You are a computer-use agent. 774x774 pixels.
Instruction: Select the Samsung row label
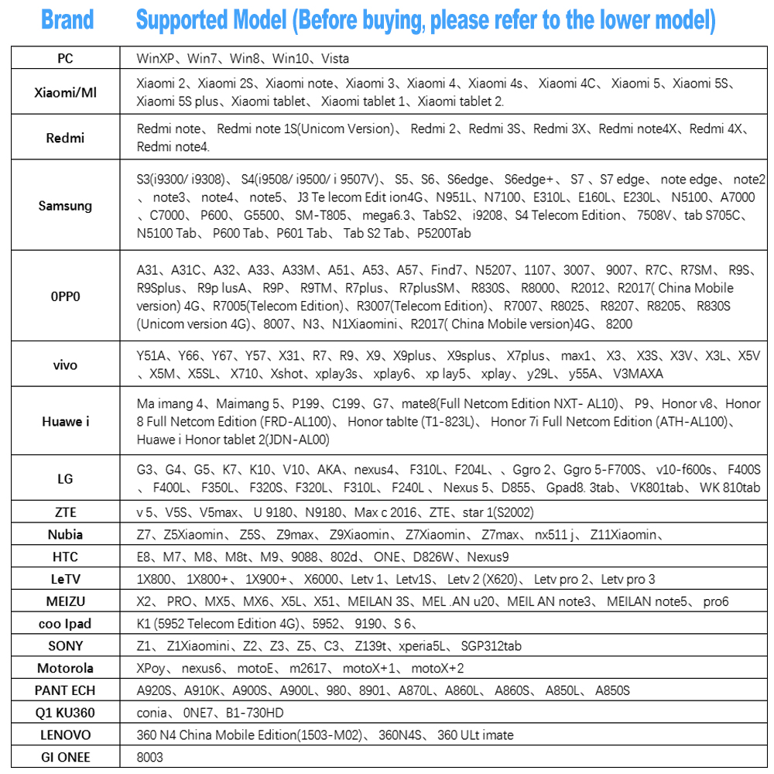pos(65,206)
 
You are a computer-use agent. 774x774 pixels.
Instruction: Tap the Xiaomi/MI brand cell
pos(65,93)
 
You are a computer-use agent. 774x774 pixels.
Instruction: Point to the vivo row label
pos(65,365)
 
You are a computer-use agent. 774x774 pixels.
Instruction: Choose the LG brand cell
pos(65,479)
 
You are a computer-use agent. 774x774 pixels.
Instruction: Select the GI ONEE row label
pos(65,757)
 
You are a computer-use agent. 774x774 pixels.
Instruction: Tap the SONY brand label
pos(65,646)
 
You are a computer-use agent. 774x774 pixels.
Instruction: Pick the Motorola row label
pos(65,668)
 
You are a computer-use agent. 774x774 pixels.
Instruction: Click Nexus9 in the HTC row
pos(487,557)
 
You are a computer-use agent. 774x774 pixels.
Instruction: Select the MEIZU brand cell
pos(65,601)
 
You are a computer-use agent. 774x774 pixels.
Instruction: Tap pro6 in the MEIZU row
pos(716,601)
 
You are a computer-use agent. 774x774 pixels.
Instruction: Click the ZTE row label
pos(65,512)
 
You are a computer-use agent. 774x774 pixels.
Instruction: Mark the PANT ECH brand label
pos(65,690)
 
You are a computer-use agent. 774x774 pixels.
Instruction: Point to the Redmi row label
pos(65,139)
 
